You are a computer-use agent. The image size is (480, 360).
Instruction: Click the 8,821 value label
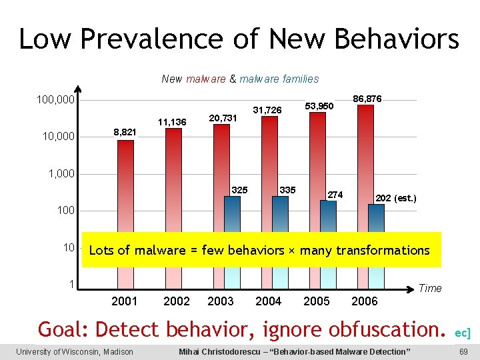click(x=125, y=133)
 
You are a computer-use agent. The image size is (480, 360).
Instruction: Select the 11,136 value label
click(x=172, y=122)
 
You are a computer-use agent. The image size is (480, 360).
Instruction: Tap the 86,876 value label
click(x=367, y=99)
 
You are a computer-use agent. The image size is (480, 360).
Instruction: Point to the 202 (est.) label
click(x=396, y=198)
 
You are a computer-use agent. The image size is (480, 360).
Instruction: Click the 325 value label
click(x=239, y=190)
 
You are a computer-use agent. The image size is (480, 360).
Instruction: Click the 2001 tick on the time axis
click(x=125, y=301)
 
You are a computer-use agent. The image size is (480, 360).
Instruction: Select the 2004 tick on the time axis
click(x=269, y=301)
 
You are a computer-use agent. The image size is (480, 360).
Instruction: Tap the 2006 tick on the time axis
click(x=365, y=301)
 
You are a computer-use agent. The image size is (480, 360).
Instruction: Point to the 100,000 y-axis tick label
click(x=57, y=100)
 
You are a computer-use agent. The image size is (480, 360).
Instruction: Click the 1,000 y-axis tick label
click(x=62, y=174)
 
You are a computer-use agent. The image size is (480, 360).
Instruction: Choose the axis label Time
click(x=430, y=289)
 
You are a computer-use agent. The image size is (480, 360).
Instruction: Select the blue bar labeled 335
click(x=280, y=213)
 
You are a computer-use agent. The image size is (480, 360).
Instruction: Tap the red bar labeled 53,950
click(x=317, y=167)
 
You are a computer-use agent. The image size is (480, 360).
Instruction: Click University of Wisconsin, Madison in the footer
click(x=75, y=351)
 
